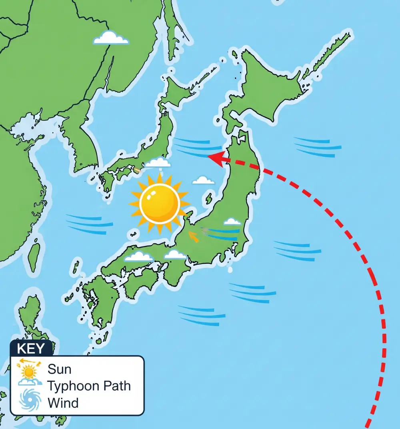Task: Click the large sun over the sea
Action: [160, 203]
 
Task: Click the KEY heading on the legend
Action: [31, 348]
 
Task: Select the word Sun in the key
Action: [59, 369]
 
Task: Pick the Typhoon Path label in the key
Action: [89, 386]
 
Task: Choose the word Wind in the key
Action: [63, 403]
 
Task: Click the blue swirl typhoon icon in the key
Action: [30, 401]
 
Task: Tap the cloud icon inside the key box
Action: [29, 382]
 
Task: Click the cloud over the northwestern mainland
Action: [111, 38]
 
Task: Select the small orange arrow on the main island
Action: [194, 237]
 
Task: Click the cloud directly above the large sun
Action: [158, 162]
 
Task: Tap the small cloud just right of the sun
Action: [203, 181]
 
